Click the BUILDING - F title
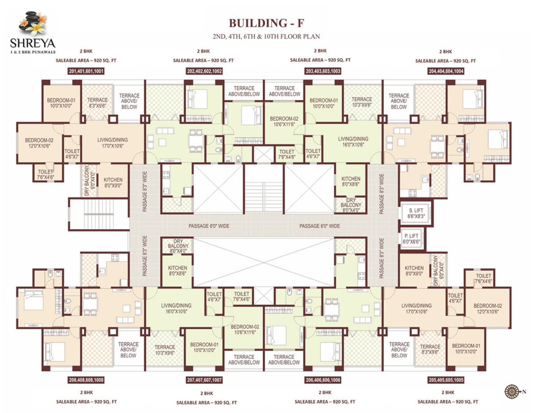[x=269, y=23]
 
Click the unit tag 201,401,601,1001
[x=87, y=71]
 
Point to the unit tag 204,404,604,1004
[x=445, y=71]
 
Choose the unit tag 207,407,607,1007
[x=204, y=380]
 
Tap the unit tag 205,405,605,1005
[x=446, y=380]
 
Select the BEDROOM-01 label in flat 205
[x=466, y=349]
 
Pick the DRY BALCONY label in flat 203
[x=351, y=205]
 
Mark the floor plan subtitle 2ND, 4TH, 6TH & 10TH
[x=269, y=37]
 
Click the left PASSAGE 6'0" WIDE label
[x=209, y=226]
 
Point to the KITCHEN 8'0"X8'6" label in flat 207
[x=177, y=271]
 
